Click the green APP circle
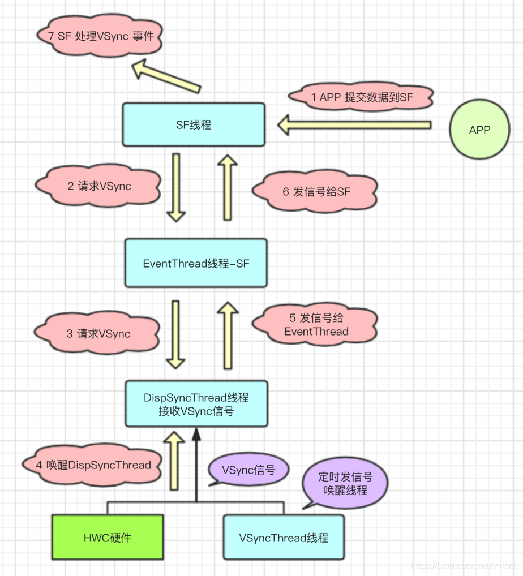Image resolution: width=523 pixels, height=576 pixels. pyautogui.click(x=479, y=130)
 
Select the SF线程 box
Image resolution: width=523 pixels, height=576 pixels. pyautogui.click(x=194, y=124)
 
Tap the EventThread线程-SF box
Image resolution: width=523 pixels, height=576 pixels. pyautogui.click(x=196, y=263)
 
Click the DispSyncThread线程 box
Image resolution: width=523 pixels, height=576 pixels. pyautogui.click(x=196, y=404)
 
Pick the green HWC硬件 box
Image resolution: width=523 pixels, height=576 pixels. pyautogui.click(x=108, y=538)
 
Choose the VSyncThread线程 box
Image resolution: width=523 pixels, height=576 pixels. pyautogui.click(x=284, y=538)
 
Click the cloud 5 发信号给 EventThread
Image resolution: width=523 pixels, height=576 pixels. pyautogui.click(x=316, y=325)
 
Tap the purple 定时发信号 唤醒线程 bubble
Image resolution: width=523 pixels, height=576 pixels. pyautogui.click(x=345, y=484)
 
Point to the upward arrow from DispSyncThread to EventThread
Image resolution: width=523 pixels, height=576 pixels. pyautogui.click(x=228, y=335)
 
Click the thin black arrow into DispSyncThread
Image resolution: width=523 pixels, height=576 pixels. pyautogui.click(x=196, y=464)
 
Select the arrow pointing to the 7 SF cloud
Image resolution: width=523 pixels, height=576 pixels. pyautogui.click(x=167, y=78)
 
